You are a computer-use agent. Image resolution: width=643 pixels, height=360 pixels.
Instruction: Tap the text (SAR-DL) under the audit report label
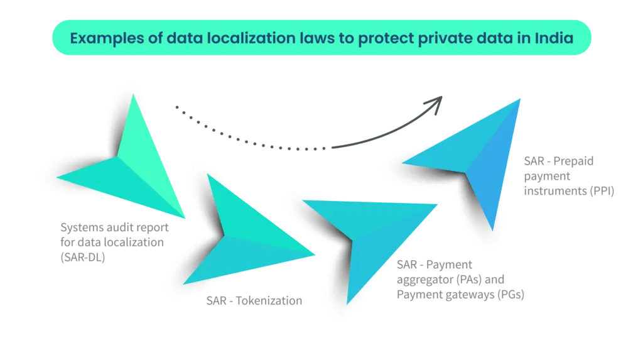(82, 256)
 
